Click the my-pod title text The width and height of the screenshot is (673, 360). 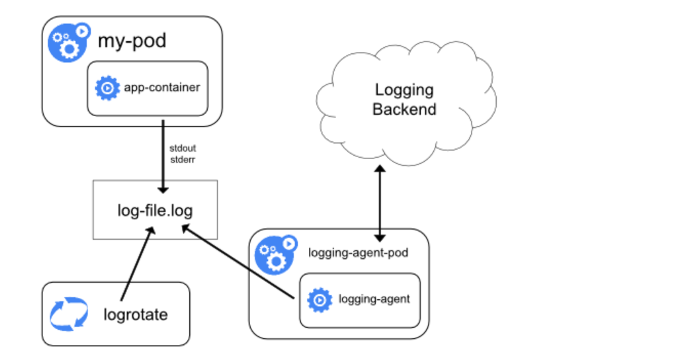point(132,42)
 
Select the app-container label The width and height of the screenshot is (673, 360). point(162,87)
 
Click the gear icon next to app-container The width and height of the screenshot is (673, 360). point(107,88)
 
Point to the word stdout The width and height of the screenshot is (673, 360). point(182,148)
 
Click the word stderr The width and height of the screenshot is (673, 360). point(182,160)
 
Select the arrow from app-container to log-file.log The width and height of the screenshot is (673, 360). point(163,156)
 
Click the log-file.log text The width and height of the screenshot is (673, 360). point(155,210)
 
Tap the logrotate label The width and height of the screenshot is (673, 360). point(136,314)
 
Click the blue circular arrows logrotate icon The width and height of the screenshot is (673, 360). point(69,314)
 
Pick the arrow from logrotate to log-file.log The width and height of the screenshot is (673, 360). point(137,264)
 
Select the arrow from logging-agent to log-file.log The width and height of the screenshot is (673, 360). point(238,262)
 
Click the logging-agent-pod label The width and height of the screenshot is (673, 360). point(358,253)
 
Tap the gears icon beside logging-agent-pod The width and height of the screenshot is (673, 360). point(275,255)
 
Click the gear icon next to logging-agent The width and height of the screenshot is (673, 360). point(320,300)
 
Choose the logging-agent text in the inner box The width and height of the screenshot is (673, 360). point(374,299)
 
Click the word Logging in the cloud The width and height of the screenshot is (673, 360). point(404,90)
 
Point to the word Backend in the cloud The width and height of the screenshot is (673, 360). point(404,109)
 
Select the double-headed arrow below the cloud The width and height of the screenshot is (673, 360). point(380,204)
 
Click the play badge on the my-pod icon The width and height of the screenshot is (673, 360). point(82,31)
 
